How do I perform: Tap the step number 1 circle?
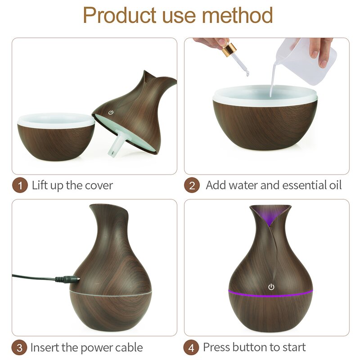click(19, 185)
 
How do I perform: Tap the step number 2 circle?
click(192, 185)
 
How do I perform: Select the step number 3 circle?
click(19, 348)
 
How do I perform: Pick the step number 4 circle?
click(192, 348)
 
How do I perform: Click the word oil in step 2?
click(333, 185)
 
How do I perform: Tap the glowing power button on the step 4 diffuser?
click(271, 287)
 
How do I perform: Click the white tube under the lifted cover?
click(116, 143)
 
